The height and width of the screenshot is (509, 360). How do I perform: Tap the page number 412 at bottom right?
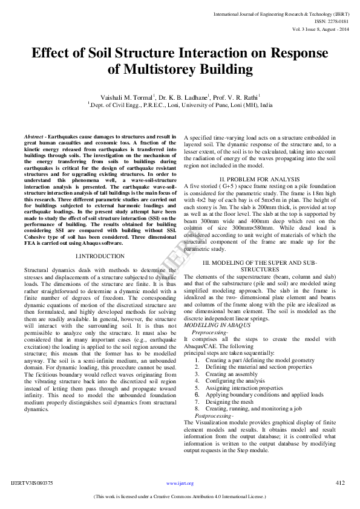coord(340,482)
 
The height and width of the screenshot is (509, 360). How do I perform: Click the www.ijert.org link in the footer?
coord(181,484)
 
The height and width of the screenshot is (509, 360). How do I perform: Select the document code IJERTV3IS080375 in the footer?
coord(32,483)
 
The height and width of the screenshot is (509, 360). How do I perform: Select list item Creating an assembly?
coord(231,374)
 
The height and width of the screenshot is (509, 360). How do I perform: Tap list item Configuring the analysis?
coord(235,381)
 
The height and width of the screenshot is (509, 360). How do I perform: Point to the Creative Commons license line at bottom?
coord(180,497)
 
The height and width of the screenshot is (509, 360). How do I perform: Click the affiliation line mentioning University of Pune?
coord(180,104)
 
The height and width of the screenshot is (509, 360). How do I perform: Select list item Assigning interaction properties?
coord(244,388)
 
